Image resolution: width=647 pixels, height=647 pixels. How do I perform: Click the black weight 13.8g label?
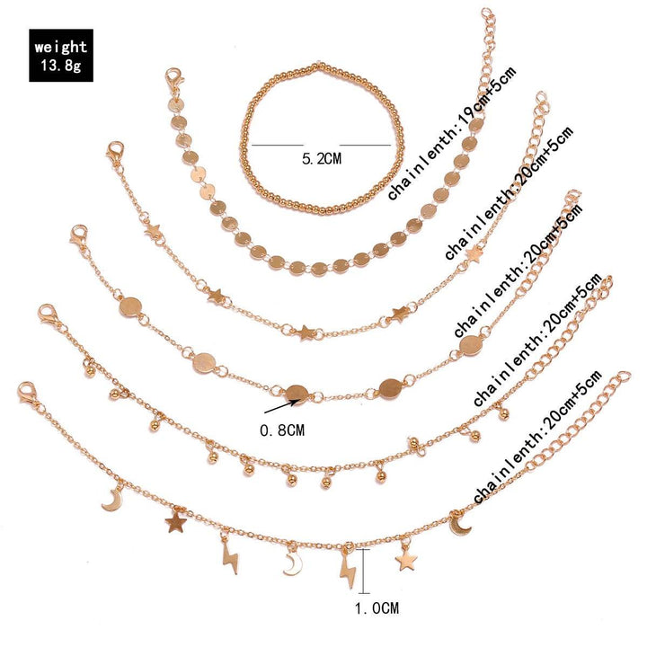[61, 56]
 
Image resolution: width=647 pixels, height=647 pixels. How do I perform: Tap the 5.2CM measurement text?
[322, 159]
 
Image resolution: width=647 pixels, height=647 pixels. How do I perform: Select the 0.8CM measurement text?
[282, 430]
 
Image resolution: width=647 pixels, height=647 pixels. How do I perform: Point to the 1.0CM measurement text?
[377, 607]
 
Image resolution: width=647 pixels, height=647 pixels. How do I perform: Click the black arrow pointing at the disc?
[279, 406]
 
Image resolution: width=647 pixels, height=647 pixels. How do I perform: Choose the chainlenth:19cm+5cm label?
[452, 134]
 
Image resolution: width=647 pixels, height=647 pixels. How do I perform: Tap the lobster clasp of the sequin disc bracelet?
[174, 81]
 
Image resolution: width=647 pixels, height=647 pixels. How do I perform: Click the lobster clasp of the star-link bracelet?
[115, 152]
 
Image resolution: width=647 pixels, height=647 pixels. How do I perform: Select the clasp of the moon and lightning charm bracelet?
[27, 393]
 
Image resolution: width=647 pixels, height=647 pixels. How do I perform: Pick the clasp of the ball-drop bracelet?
[48, 315]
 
